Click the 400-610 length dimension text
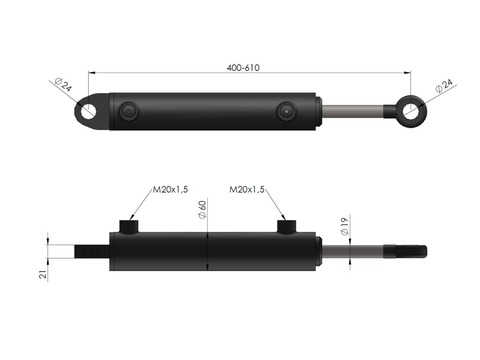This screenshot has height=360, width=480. (243, 68)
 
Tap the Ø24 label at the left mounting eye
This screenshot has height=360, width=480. (63, 84)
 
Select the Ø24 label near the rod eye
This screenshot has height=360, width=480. (444, 86)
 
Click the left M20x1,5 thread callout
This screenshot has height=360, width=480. (170, 189)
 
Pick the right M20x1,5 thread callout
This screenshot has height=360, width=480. (247, 189)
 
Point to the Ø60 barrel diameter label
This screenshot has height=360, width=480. (202, 209)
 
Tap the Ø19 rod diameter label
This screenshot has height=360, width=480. (344, 226)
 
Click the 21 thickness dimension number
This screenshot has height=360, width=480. (43, 274)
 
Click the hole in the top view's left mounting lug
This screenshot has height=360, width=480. (87, 111)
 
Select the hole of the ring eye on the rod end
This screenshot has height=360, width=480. (411, 111)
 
